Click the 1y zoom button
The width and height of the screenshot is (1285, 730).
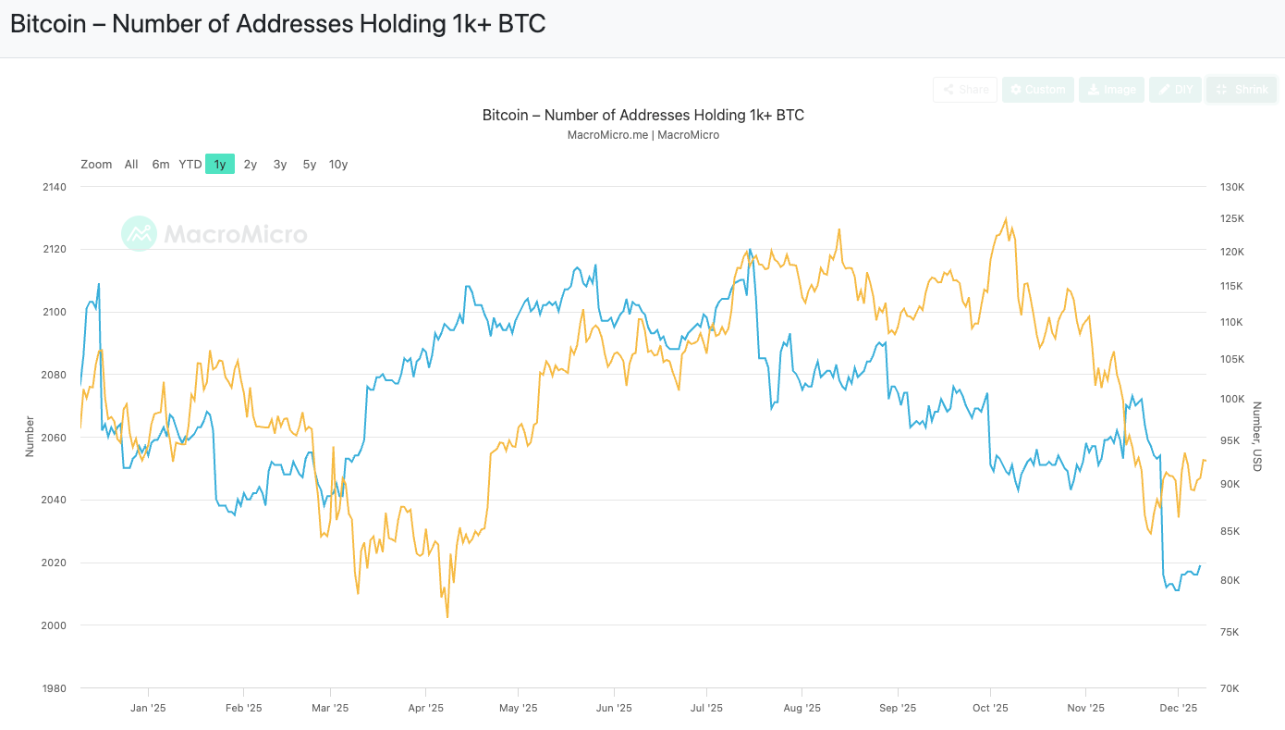(220, 165)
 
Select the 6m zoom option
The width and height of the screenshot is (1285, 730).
(161, 165)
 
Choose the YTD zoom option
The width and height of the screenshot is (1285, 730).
(190, 165)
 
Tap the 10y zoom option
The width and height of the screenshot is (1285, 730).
(338, 165)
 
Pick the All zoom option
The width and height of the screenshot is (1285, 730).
(131, 165)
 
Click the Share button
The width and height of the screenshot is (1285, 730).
(965, 90)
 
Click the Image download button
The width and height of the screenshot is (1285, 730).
(1111, 90)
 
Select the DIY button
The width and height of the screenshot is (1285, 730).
(1175, 90)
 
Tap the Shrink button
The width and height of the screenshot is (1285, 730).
(1242, 90)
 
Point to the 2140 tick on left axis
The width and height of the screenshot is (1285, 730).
(54, 188)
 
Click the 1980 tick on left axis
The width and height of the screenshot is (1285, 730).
(54, 688)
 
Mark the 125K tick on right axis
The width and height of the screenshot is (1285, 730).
(1232, 219)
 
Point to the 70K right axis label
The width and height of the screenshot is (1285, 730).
(1230, 688)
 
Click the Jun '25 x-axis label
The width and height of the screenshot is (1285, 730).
(614, 709)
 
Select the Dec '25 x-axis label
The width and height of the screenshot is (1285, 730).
(1179, 709)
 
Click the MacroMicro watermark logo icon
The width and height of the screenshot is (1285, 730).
(140, 234)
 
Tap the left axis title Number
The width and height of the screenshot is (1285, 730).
(30, 436)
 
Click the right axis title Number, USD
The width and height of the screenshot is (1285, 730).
(1257, 436)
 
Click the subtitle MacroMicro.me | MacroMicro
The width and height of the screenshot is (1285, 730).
(642, 135)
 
